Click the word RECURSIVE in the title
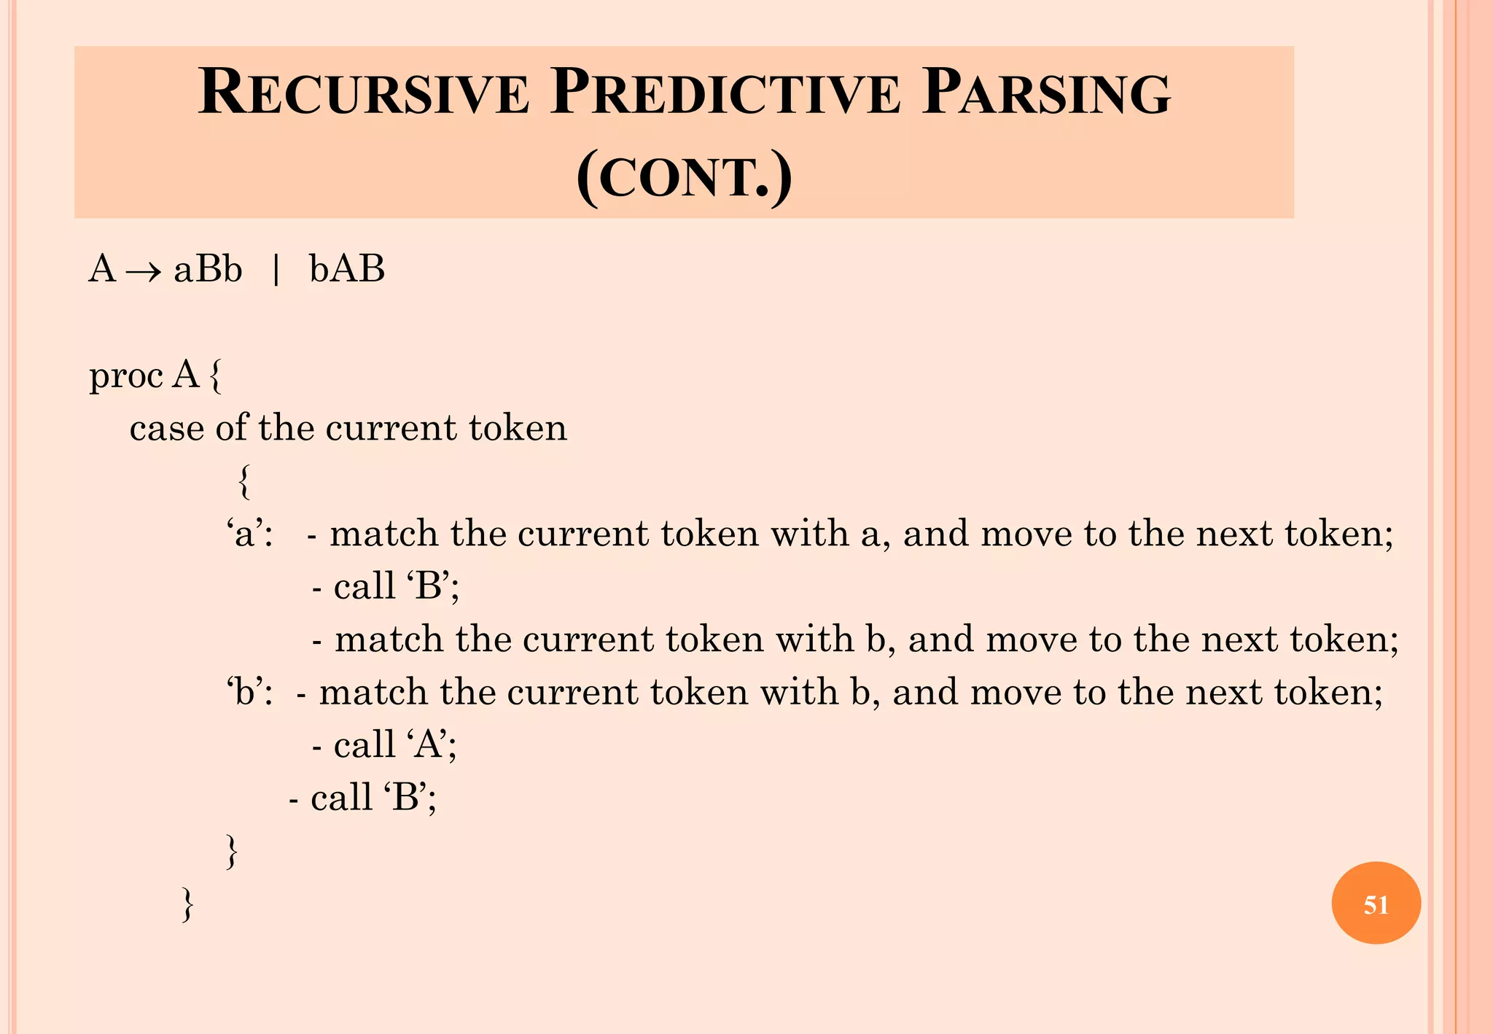pos(363,93)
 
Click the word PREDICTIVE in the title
pos(725,93)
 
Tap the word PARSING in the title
pos(1045,93)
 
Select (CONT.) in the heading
pos(684,177)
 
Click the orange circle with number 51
pos(1376,903)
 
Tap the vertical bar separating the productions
pos(276,270)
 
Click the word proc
pos(125,377)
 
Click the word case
pos(166,429)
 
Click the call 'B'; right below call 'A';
pos(363,798)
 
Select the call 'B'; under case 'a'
pos(386,586)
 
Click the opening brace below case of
pos(245,482)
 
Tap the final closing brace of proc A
pos(187,904)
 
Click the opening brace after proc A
pos(215,377)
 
